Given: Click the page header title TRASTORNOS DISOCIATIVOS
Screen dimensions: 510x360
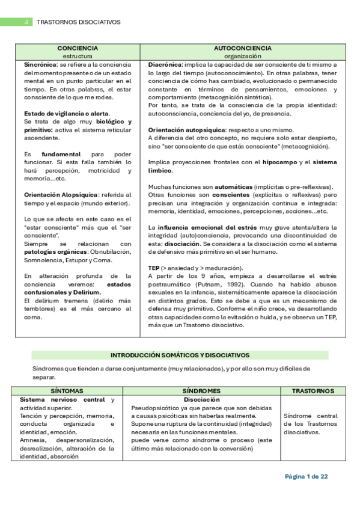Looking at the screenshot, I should pyautogui.click(x=79, y=22).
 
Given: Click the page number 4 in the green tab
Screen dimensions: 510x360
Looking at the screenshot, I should pyautogui.click(x=26, y=22).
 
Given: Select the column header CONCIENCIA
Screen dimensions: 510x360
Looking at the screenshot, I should pyautogui.click(x=78, y=48).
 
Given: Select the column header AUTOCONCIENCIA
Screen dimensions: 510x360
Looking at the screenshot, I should pyautogui.click(x=243, y=48).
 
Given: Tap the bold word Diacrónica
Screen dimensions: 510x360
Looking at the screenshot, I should pyautogui.click(x=164, y=64).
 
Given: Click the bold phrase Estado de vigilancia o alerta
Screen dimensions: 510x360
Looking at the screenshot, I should pyautogui.click(x=66, y=113).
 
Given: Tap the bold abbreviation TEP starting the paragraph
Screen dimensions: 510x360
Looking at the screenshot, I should pyautogui.click(x=154, y=268).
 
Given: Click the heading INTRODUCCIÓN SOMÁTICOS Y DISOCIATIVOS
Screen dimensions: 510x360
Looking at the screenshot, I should pyautogui.click(x=180, y=355).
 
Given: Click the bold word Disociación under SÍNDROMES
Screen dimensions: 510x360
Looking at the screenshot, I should pyautogui.click(x=201, y=399).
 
